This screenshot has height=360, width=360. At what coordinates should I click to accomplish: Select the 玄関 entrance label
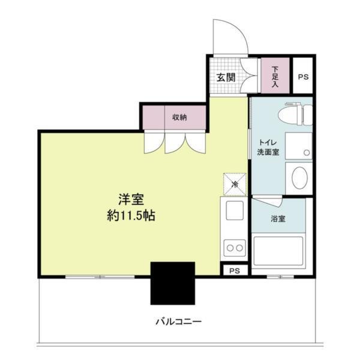click(226, 77)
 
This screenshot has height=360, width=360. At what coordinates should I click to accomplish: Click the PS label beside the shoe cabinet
click(303, 77)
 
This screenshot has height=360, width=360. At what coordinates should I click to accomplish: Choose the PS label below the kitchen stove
click(235, 271)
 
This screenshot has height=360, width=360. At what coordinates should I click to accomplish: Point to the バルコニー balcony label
click(179, 322)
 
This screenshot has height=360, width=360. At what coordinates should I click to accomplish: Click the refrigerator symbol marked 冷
click(235, 184)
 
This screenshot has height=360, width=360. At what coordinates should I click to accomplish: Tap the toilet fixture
click(298, 113)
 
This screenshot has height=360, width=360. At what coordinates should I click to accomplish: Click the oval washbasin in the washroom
click(299, 178)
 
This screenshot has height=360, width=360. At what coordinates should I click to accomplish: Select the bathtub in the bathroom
click(278, 251)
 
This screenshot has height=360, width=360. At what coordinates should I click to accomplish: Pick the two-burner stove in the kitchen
click(235, 247)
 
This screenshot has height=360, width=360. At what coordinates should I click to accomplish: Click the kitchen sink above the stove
click(235, 211)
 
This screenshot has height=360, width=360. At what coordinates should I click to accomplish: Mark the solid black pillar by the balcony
click(173, 284)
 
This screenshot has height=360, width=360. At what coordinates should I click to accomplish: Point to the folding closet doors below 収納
click(175, 142)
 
